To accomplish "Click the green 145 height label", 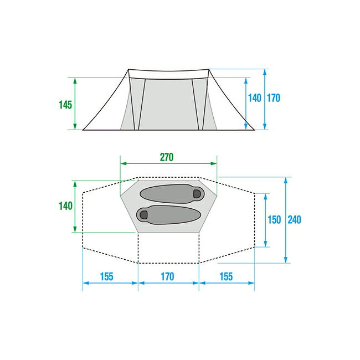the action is [x=65, y=105].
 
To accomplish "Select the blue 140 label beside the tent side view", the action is [x=255, y=98].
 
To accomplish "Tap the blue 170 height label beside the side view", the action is [x=274, y=98].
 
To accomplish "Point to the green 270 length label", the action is [x=167, y=157].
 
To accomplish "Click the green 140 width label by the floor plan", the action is [x=66, y=206].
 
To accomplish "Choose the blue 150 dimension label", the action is [x=274, y=220].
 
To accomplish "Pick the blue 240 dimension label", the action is [x=294, y=220].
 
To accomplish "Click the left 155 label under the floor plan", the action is [x=107, y=277].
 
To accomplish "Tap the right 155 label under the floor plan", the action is [x=226, y=277].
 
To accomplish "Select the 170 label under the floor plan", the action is [x=168, y=277].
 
